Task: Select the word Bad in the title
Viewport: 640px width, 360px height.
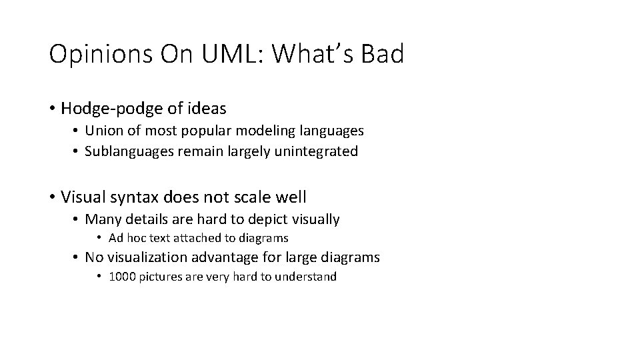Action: [x=382, y=55]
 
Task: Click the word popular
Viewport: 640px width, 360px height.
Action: [x=203, y=131]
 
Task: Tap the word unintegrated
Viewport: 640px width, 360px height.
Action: [x=321, y=151]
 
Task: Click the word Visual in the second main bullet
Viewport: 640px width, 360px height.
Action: [x=81, y=197]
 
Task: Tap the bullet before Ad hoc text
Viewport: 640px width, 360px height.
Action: [x=99, y=238]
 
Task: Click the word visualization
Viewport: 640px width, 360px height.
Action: [x=149, y=257]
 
